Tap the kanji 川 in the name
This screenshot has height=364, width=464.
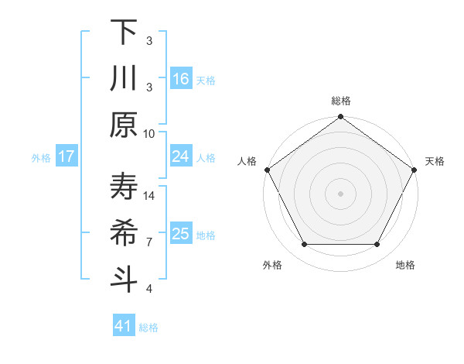coord(124,78)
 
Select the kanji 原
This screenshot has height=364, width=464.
coord(124,125)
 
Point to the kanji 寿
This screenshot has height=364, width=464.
coord(124,187)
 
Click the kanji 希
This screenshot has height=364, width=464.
coord(124,233)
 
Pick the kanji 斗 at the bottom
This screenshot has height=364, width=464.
coord(124,280)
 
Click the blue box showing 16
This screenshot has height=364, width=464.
coord(180,78)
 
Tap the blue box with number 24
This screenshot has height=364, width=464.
coord(180,156)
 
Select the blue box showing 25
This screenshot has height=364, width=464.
coord(180,234)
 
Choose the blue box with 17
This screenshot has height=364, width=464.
coord(67,156)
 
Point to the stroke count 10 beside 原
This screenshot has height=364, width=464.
coord(149,132)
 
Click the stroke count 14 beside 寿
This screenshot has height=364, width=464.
coord(149,196)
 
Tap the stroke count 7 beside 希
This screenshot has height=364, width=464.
coord(149,242)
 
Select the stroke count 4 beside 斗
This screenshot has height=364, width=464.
coord(149,289)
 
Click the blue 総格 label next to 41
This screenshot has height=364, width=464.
coord(148,328)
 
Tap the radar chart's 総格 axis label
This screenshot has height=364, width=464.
coord(340,101)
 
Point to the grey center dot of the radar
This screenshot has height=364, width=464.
coord(340,193)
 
